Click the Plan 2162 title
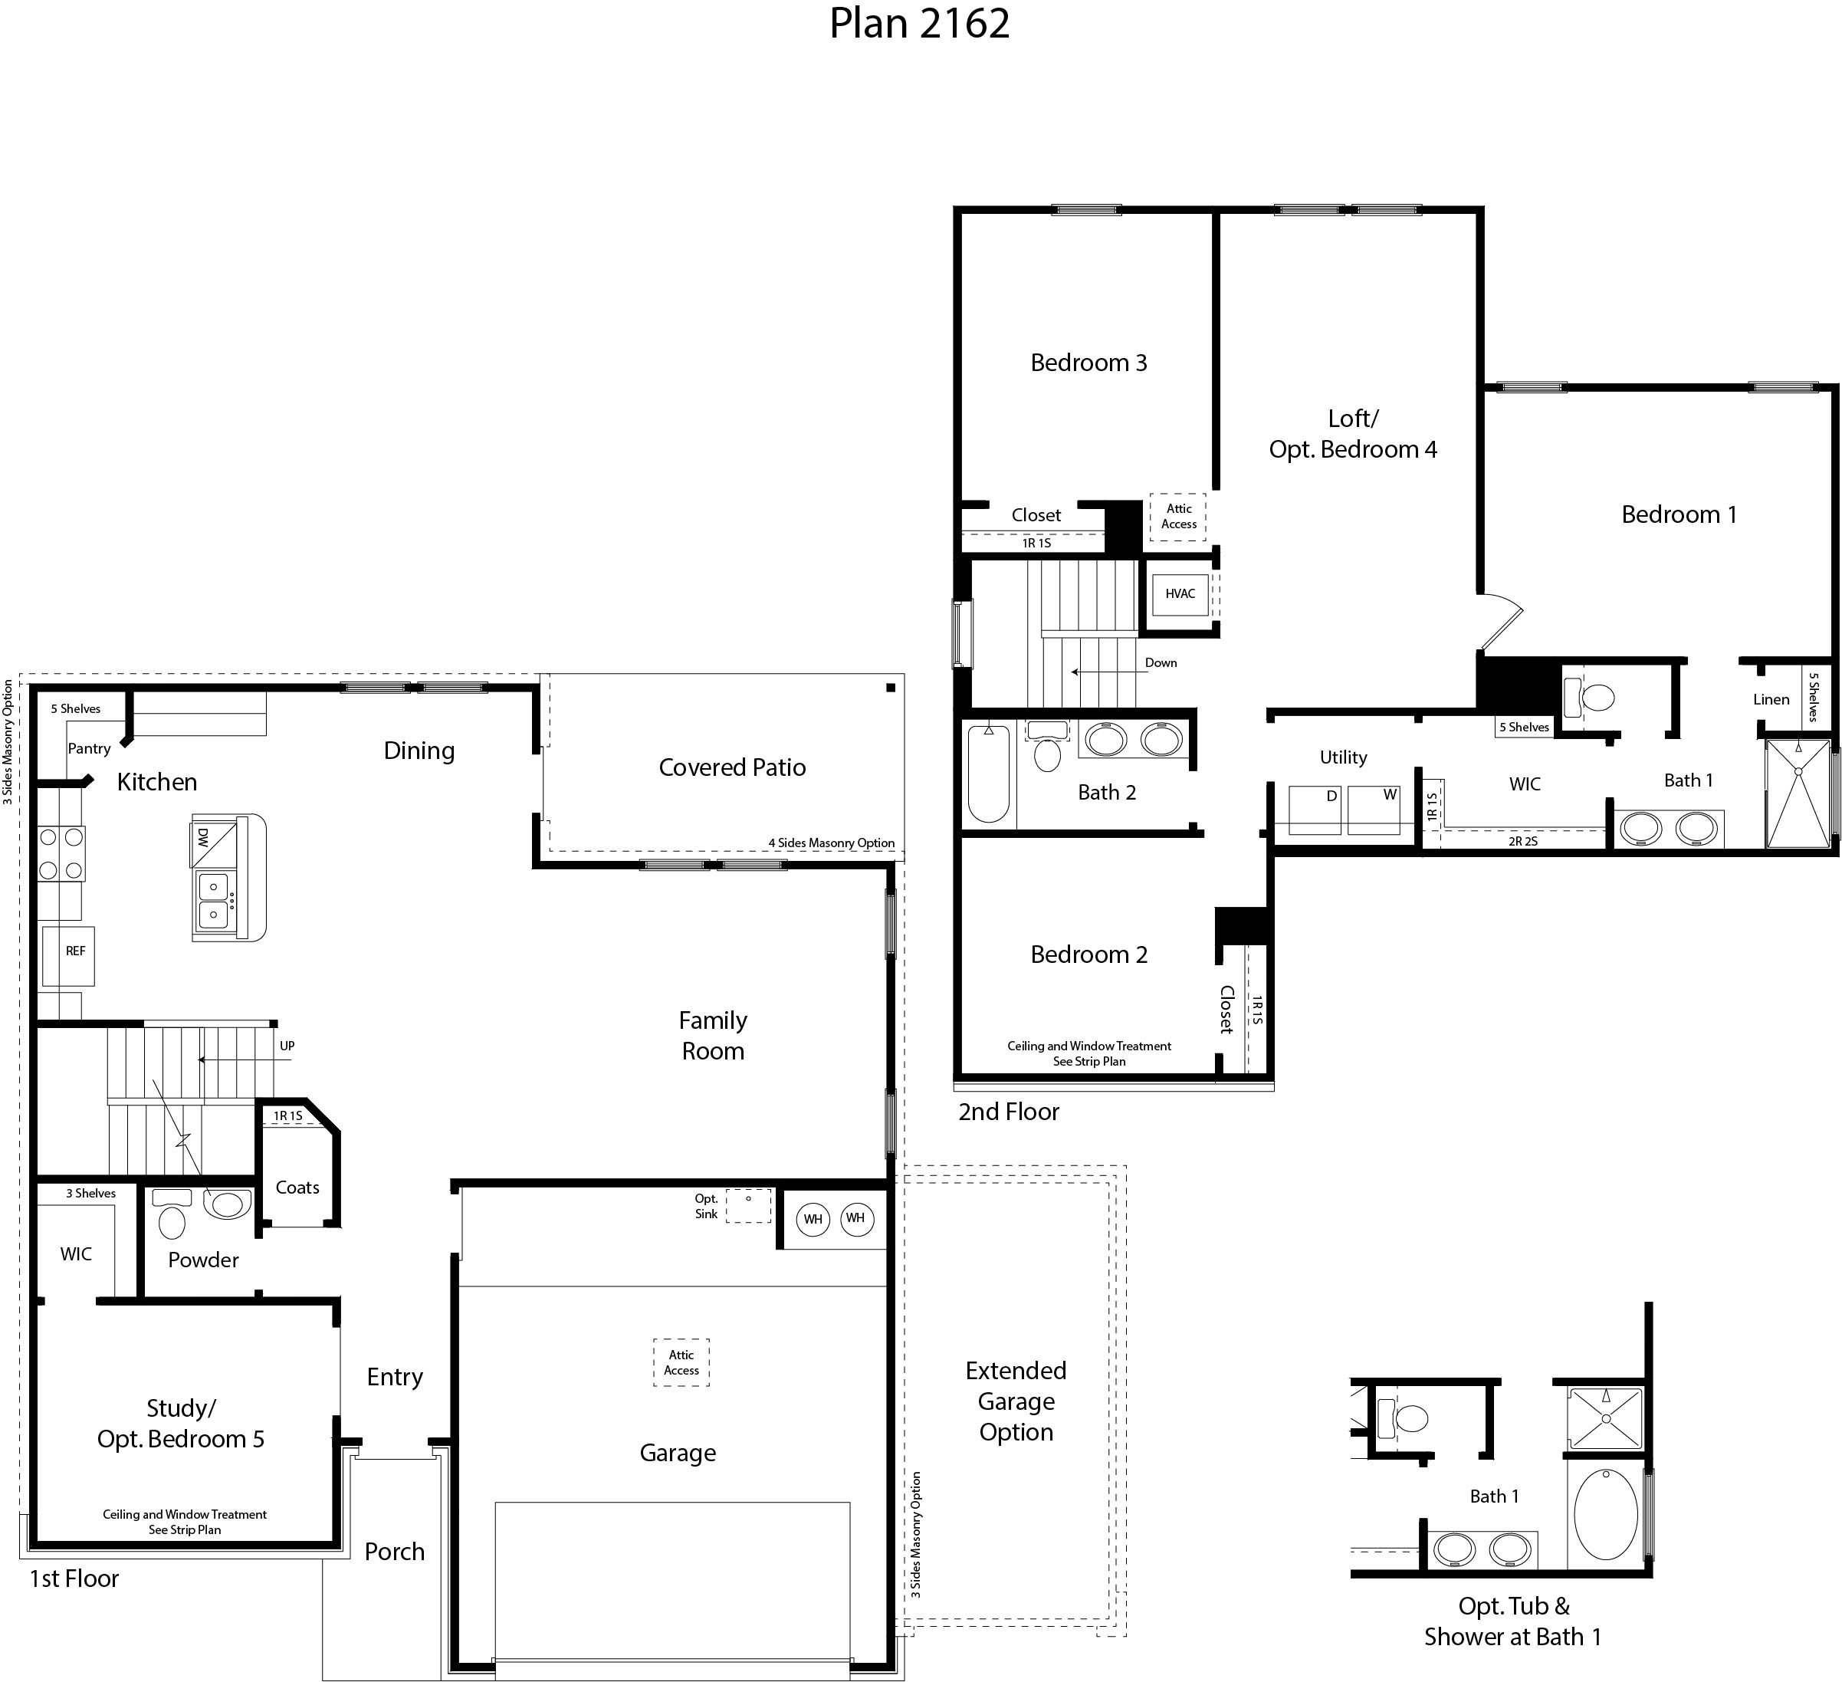pyautogui.click(x=919, y=24)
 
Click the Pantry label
pyautogui.click(x=90, y=748)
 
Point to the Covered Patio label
pyautogui.click(x=732, y=767)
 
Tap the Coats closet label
pyautogui.click(x=298, y=1188)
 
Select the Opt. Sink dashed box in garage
pyautogui.click(x=748, y=1205)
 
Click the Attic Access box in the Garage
pyautogui.click(x=681, y=1362)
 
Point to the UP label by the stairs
pyautogui.click(x=287, y=1046)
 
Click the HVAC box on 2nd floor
pyautogui.click(x=1180, y=594)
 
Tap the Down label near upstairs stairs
pyautogui.click(x=1161, y=663)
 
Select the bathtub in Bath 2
pyautogui.click(x=989, y=774)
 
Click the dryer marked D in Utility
pyautogui.click(x=1314, y=810)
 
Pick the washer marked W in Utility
pyautogui.click(x=1374, y=810)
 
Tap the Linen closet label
pyautogui.click(x=1771, y=700)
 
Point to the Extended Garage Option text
pyautogui.click(x=1016, y=1401)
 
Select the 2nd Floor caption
pyautogui.click(x=1009, y=1112)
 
